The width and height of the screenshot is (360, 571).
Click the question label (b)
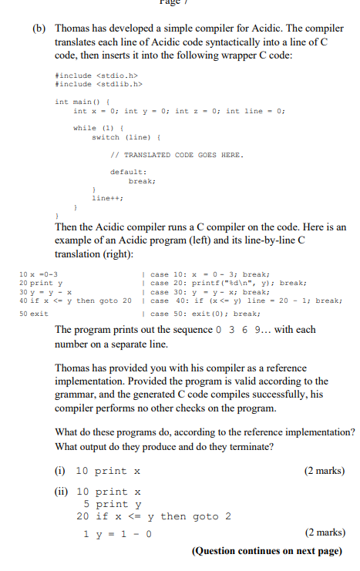[x=39, y=28]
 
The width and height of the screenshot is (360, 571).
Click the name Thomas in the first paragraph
[x=71, y=28]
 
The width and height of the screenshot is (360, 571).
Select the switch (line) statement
[x=116, y=136]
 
